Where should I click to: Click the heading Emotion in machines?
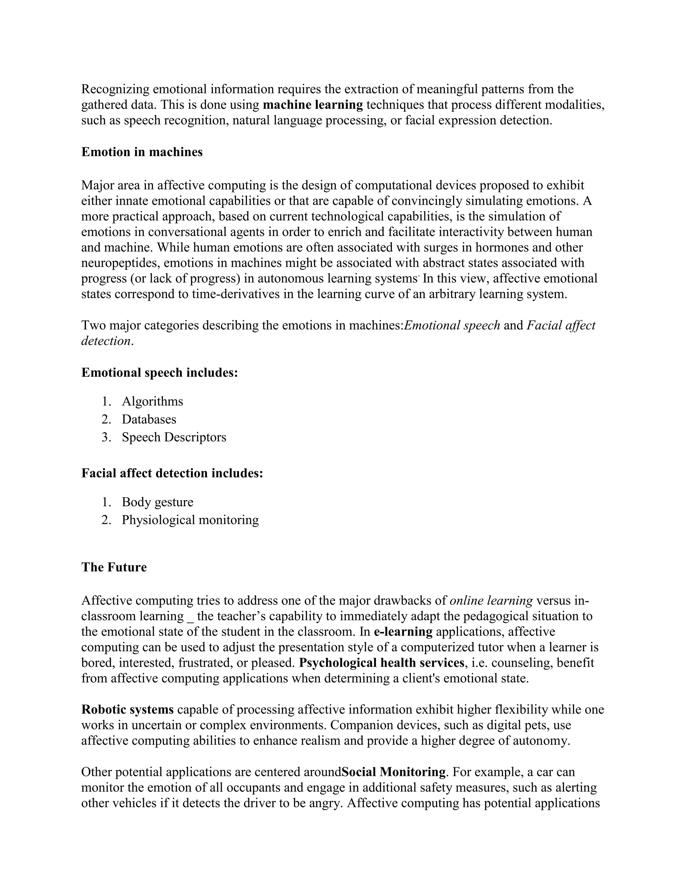coord(142,152)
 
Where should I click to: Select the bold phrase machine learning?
coord(313,105)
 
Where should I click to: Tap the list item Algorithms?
coord(152,402)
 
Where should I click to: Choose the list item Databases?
coord(149,419)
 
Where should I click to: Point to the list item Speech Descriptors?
coord(174,438)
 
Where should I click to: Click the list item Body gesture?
coord(157,502)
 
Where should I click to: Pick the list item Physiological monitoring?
coord(190,520)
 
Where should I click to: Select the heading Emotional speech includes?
coord(159,373)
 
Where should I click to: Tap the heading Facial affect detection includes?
coord(172,473)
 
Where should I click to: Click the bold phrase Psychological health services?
coord(381,662)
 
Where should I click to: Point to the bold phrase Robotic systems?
coord(128,710)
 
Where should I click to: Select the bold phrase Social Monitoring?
coord(393,772)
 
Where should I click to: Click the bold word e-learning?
coord(403,632)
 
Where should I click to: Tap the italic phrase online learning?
coord(491,601)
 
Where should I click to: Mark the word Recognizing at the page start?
coord(115,90)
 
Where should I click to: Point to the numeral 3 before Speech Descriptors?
coord(105,438)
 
